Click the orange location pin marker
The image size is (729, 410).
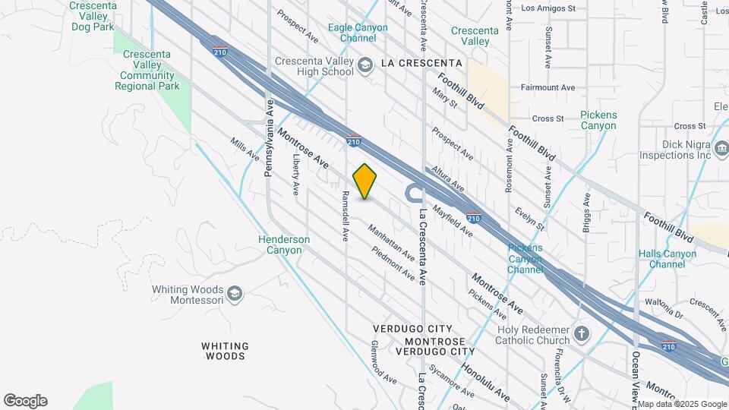pyautogui.click(x=364, y=181)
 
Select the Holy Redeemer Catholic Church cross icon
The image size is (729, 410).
pyautogui.click(x=581, y=334)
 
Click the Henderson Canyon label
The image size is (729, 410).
pyautogui.click(x=284, y=244)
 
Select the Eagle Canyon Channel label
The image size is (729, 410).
pyautogui.click(x=358, y=33)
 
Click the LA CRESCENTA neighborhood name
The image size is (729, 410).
pyautogui.click(x=421, y=62)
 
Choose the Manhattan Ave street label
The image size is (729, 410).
pyautogui.click(x=391, y=241)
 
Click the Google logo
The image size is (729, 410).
pyautogui.click(x=25, y=401)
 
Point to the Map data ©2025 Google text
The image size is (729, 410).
pyautogui.click(x=681, y=404)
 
